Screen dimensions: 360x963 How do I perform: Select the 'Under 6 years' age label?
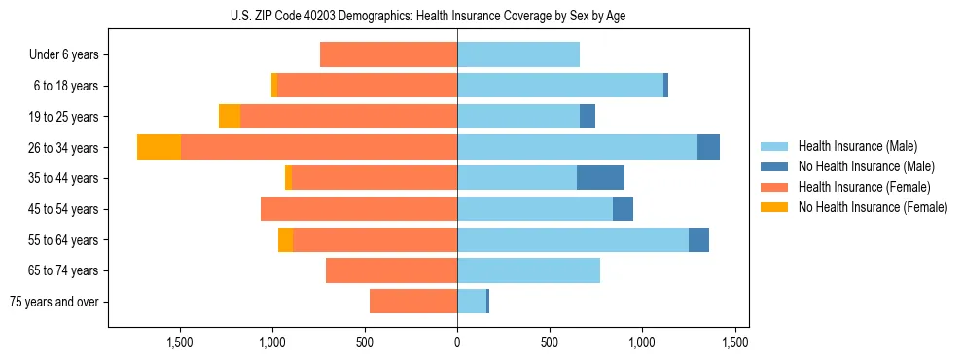click(64, 54)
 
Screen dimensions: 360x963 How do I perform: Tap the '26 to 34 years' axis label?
click(64, 148)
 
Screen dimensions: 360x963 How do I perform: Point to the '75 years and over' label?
click(56, 302)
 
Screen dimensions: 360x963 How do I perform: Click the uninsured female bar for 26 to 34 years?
click(159, 147)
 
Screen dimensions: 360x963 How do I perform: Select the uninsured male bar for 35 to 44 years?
click(600, 178)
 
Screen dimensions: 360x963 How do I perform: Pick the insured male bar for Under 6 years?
click(518, 54)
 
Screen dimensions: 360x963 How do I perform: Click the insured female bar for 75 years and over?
click(413, 302)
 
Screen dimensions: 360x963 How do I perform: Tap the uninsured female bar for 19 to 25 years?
click(230, 117)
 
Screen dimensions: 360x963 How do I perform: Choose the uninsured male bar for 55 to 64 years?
click(698, 239)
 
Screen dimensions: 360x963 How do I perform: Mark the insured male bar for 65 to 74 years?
click(528, 270)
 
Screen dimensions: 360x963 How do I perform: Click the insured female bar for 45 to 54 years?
click(359, 209)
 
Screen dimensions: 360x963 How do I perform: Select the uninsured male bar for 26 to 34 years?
click(708, 147)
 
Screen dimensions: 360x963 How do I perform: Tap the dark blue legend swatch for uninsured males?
click(775, 166)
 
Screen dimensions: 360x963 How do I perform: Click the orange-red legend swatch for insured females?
click(775, 187)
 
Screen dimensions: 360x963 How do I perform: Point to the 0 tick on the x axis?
click(457, 342)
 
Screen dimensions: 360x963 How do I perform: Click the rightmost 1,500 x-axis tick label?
click(735, 342)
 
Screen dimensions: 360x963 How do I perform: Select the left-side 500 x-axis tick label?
click(365, 342)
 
